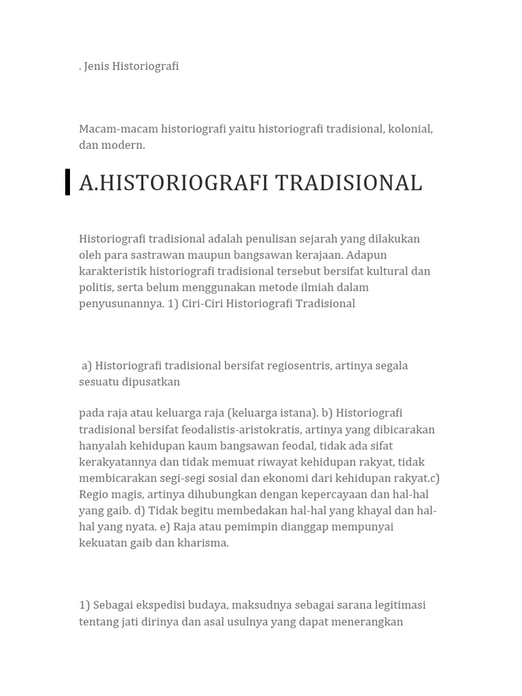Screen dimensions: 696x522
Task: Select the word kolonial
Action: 410,129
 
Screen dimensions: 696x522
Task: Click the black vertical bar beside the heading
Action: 68,182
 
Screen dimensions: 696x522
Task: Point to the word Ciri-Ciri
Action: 204,304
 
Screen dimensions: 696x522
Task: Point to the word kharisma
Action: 204,543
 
